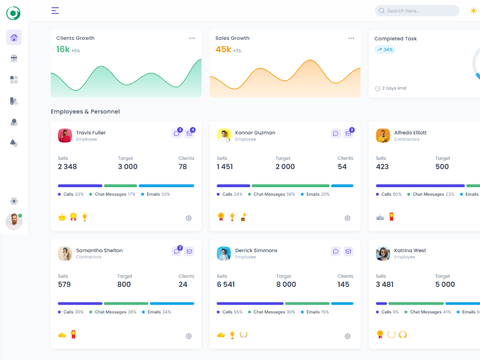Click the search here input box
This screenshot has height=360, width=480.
point(417,11)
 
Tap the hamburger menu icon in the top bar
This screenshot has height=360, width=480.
point(55,11)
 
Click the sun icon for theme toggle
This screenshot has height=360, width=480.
point(474,11)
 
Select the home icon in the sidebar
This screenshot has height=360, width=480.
point(14,37)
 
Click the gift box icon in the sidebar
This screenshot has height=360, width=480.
point(14,59)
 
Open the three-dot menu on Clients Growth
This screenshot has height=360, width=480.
point(192,38)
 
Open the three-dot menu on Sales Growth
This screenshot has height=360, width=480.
point(351,38)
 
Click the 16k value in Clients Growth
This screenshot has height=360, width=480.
point(63,49)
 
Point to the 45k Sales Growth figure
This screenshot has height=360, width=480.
point(223,49)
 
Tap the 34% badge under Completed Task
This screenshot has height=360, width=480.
point(385,49)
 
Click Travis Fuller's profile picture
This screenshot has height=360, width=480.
point(65,135)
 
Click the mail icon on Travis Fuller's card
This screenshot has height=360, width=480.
point(189,133)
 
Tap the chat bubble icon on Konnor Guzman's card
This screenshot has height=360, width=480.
point(336,133)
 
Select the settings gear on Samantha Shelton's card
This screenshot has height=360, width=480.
point(189,336)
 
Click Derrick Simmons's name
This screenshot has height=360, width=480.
point(256,251)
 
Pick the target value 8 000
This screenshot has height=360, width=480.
point(286,284)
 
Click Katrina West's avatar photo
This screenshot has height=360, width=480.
point(383,253)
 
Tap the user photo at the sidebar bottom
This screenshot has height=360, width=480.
point(13,222)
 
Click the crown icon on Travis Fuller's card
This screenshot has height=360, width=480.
point(62,217)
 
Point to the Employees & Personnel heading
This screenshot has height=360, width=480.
point(85,112)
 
